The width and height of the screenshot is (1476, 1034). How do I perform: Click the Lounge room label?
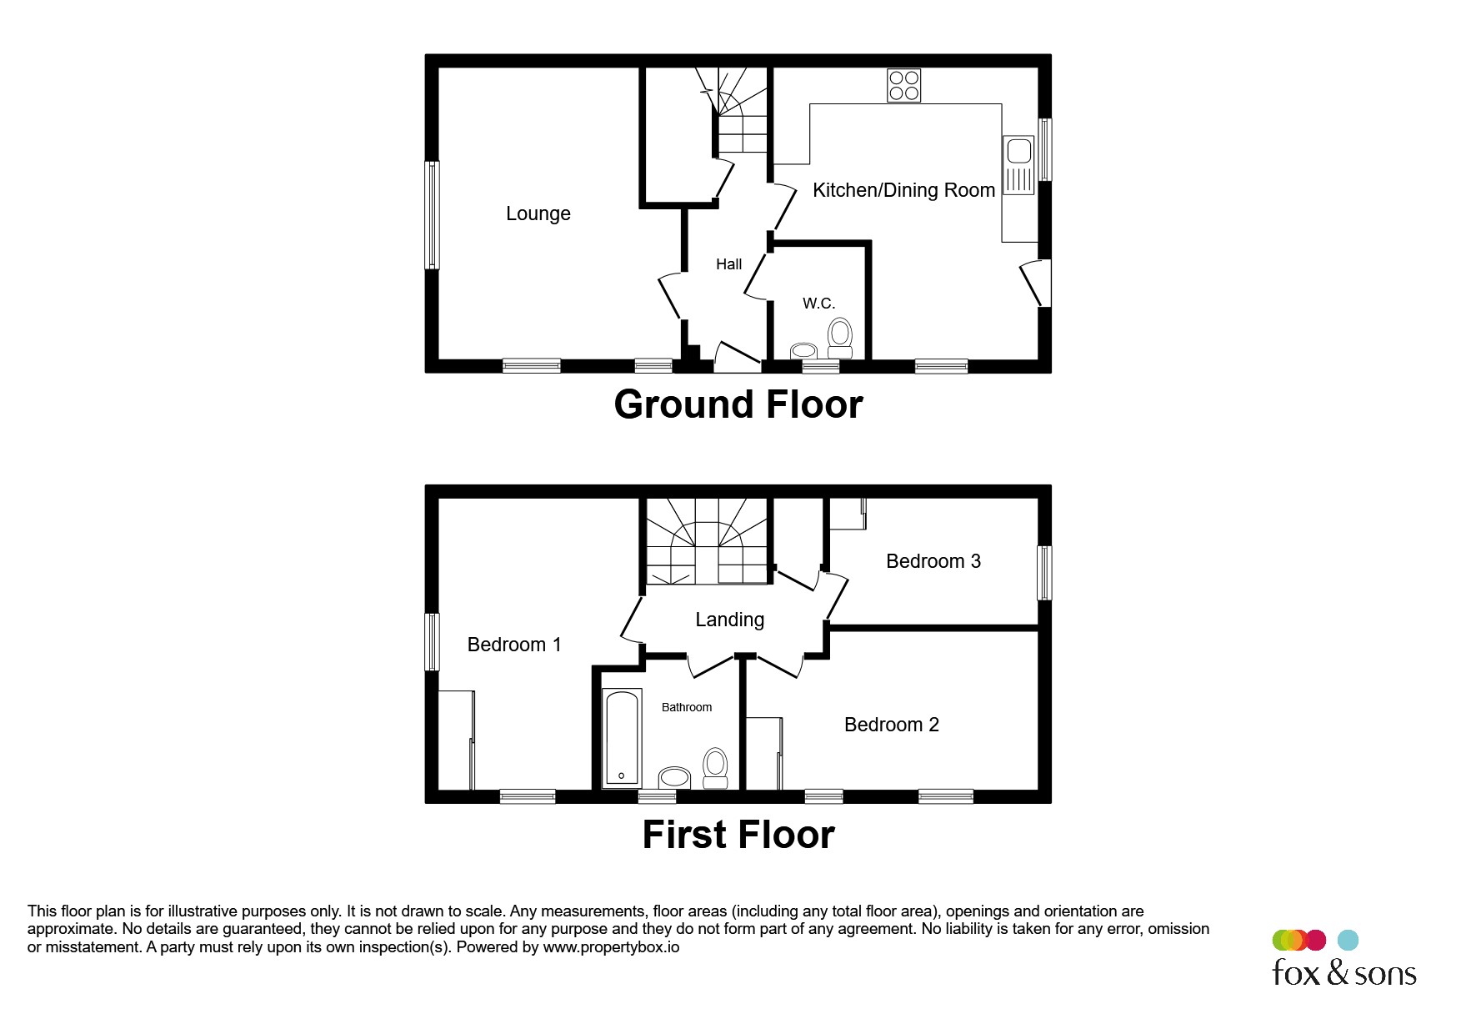[x=538, y=213]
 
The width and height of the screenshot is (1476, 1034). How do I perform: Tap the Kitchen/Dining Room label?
[x=903, y=190]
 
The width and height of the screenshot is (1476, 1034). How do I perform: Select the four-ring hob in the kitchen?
[x=904, y=85]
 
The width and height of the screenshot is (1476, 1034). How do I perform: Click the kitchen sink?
[x=1018, y=164]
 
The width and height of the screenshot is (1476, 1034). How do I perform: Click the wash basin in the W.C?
[x=804, y=350]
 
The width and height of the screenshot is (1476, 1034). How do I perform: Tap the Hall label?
[x=728, y=264]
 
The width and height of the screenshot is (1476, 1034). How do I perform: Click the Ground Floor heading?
[x=738, y=404]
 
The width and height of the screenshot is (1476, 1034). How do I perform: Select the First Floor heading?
[x=738, y=835]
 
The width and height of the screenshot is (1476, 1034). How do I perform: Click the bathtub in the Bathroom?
[x=622, y=737]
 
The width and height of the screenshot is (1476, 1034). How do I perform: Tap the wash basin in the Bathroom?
[x=674, y=779]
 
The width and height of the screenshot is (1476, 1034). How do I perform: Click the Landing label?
[x=730, y=620]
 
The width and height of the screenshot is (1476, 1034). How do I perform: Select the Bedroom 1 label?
[x=514, y=645]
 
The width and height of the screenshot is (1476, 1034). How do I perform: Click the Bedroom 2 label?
[x=892, y=725]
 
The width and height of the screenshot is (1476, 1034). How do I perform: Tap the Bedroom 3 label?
[x=933, y=561]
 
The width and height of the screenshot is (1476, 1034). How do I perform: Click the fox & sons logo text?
[x=1344, y=973]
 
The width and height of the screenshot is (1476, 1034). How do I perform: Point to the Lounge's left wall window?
[x=432, y=215]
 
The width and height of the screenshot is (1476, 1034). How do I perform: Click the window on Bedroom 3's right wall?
[x=1044, y=573]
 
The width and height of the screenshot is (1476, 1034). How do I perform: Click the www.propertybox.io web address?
[x=611, y=947]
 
